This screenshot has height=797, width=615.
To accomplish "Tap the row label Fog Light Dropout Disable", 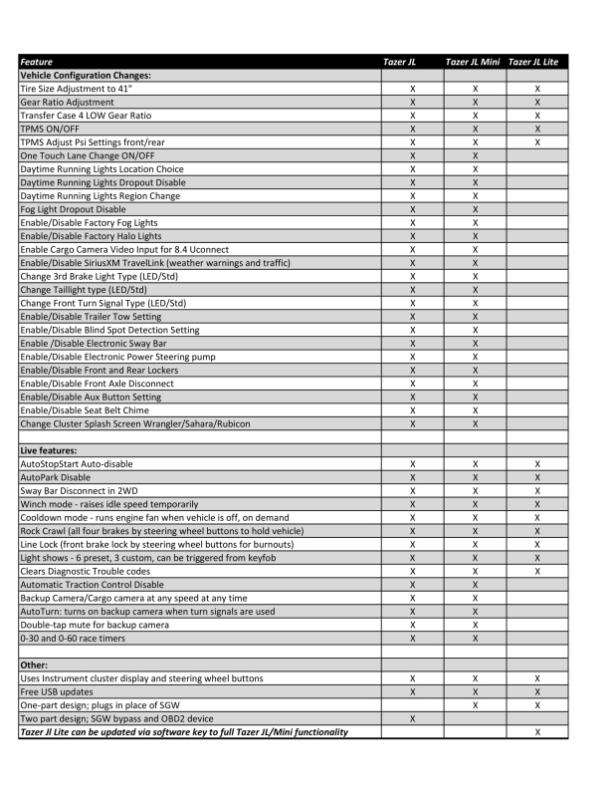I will click(x=73, y=209).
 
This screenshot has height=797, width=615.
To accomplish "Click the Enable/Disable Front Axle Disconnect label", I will click(x=97, y=384).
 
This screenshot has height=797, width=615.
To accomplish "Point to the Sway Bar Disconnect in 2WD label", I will click(x=82, y=490).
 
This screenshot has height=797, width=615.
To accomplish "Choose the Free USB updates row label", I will click(x=59, y=691).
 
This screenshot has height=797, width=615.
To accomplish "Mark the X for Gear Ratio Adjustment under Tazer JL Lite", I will click(x=536, y=102).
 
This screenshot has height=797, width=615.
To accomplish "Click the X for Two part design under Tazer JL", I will click(x=412, y=718).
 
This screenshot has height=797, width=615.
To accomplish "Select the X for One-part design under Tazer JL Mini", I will click(x=475, y=704).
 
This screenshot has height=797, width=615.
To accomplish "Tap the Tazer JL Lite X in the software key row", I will click(x=536, y=731).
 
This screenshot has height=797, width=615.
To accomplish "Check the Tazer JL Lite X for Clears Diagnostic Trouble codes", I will click(x=536, y=571).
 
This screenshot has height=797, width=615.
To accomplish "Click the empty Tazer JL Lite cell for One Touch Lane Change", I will click(x=536, y=155).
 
